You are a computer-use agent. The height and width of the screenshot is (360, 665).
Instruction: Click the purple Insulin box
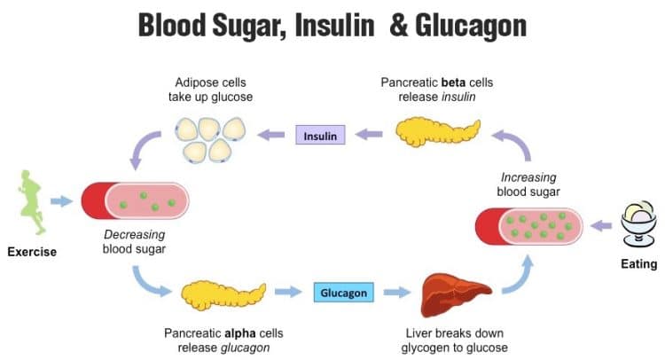click(x=319, y=137)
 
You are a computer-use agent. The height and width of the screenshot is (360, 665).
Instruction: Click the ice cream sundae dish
click(x=639, y=224)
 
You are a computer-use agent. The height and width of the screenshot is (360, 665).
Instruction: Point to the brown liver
click(x=455, y=292)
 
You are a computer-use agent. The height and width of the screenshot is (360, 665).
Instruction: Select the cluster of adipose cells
click(x=209, y=138)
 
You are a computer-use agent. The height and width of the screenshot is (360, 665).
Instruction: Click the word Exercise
click(x=32, y=252)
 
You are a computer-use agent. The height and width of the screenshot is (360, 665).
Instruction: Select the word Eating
click(x=638, y=263)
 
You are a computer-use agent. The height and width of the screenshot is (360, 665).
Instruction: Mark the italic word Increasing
click(x=529, y=176)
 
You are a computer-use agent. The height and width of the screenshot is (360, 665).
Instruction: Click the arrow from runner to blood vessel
click(x=61, y=201)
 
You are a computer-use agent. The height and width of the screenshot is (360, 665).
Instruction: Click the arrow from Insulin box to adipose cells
click(x=271, y=136)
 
